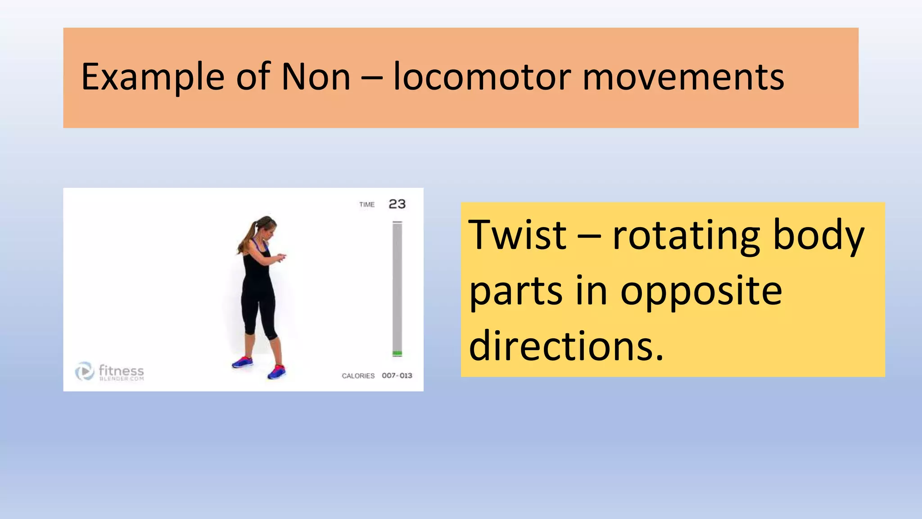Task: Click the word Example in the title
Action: coord(153,77)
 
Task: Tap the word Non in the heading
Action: coord(316,77)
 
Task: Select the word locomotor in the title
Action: coord(482,77)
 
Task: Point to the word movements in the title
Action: coord(683,77)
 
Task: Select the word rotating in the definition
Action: coord(686,237)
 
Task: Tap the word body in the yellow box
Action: coord(818,237)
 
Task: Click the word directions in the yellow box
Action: coord(566,346)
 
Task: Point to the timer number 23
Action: coord(397,204)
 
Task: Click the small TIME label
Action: coord(367,205)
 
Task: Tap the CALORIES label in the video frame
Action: coord(358,376)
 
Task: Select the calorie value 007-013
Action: coord(397,376)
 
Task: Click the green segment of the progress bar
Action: coord(397,353)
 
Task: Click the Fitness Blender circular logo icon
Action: coord(84,371)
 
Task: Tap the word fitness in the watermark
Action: coord(121,370)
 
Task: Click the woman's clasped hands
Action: coord(281,257)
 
